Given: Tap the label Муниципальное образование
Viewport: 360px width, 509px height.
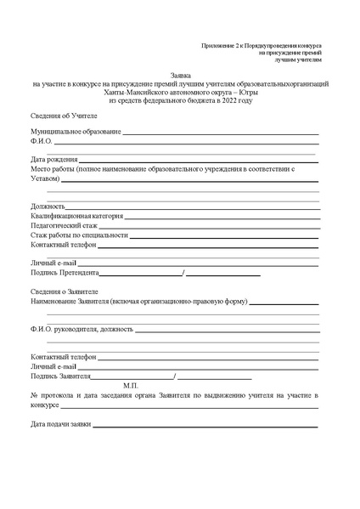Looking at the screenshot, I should point(76,133).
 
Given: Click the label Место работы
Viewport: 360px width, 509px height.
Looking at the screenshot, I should point(52,169).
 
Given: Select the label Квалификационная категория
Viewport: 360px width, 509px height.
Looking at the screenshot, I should point(77,216).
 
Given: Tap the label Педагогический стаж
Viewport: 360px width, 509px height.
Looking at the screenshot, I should point(64,226).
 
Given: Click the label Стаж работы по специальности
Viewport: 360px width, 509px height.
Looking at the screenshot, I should point(79,235).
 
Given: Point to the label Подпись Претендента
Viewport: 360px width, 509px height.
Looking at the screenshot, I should point(65,274).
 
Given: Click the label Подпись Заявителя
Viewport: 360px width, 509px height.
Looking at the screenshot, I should point(60,375).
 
